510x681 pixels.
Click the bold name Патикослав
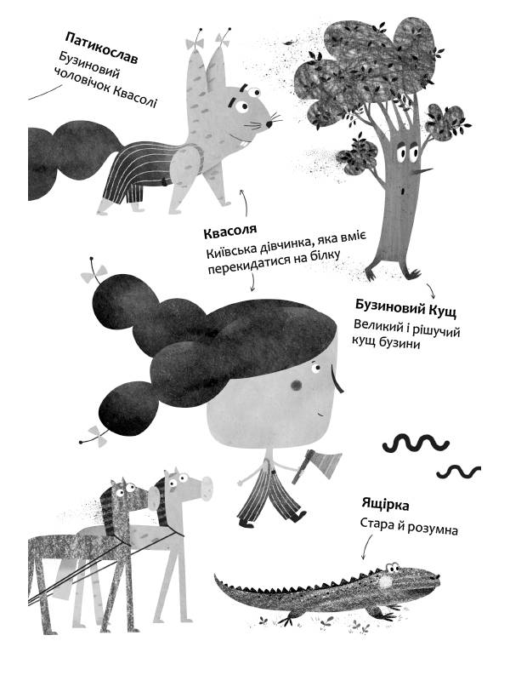pos(101,48)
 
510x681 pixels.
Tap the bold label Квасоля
pos(230,232)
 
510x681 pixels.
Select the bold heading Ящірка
pos(386,505)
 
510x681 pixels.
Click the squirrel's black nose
pos(269,124)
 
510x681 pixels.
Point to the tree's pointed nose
pos(424,171)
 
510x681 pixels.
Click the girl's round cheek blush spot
pos(296,385)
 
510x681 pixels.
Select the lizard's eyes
pos(393,568)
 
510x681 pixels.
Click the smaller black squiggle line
pos(458,472)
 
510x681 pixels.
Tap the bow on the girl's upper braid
pos(94,273)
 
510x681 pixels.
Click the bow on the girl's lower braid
pos(96,436)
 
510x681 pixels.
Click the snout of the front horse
pos(205,487)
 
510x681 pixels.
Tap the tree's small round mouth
pos(404,190)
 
